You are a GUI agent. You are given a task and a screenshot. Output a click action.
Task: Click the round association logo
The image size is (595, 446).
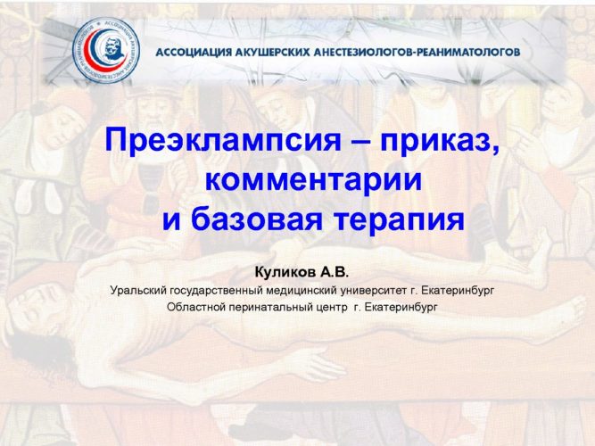106,51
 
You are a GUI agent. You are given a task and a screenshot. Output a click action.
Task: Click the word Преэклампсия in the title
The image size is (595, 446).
224,140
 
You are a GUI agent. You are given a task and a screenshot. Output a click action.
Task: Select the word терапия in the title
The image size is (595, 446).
400,220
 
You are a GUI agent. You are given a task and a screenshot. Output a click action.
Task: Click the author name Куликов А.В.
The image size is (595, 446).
302,272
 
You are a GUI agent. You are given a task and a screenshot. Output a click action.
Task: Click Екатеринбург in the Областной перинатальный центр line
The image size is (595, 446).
401,307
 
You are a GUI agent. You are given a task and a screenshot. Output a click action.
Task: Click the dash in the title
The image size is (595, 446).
361,141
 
